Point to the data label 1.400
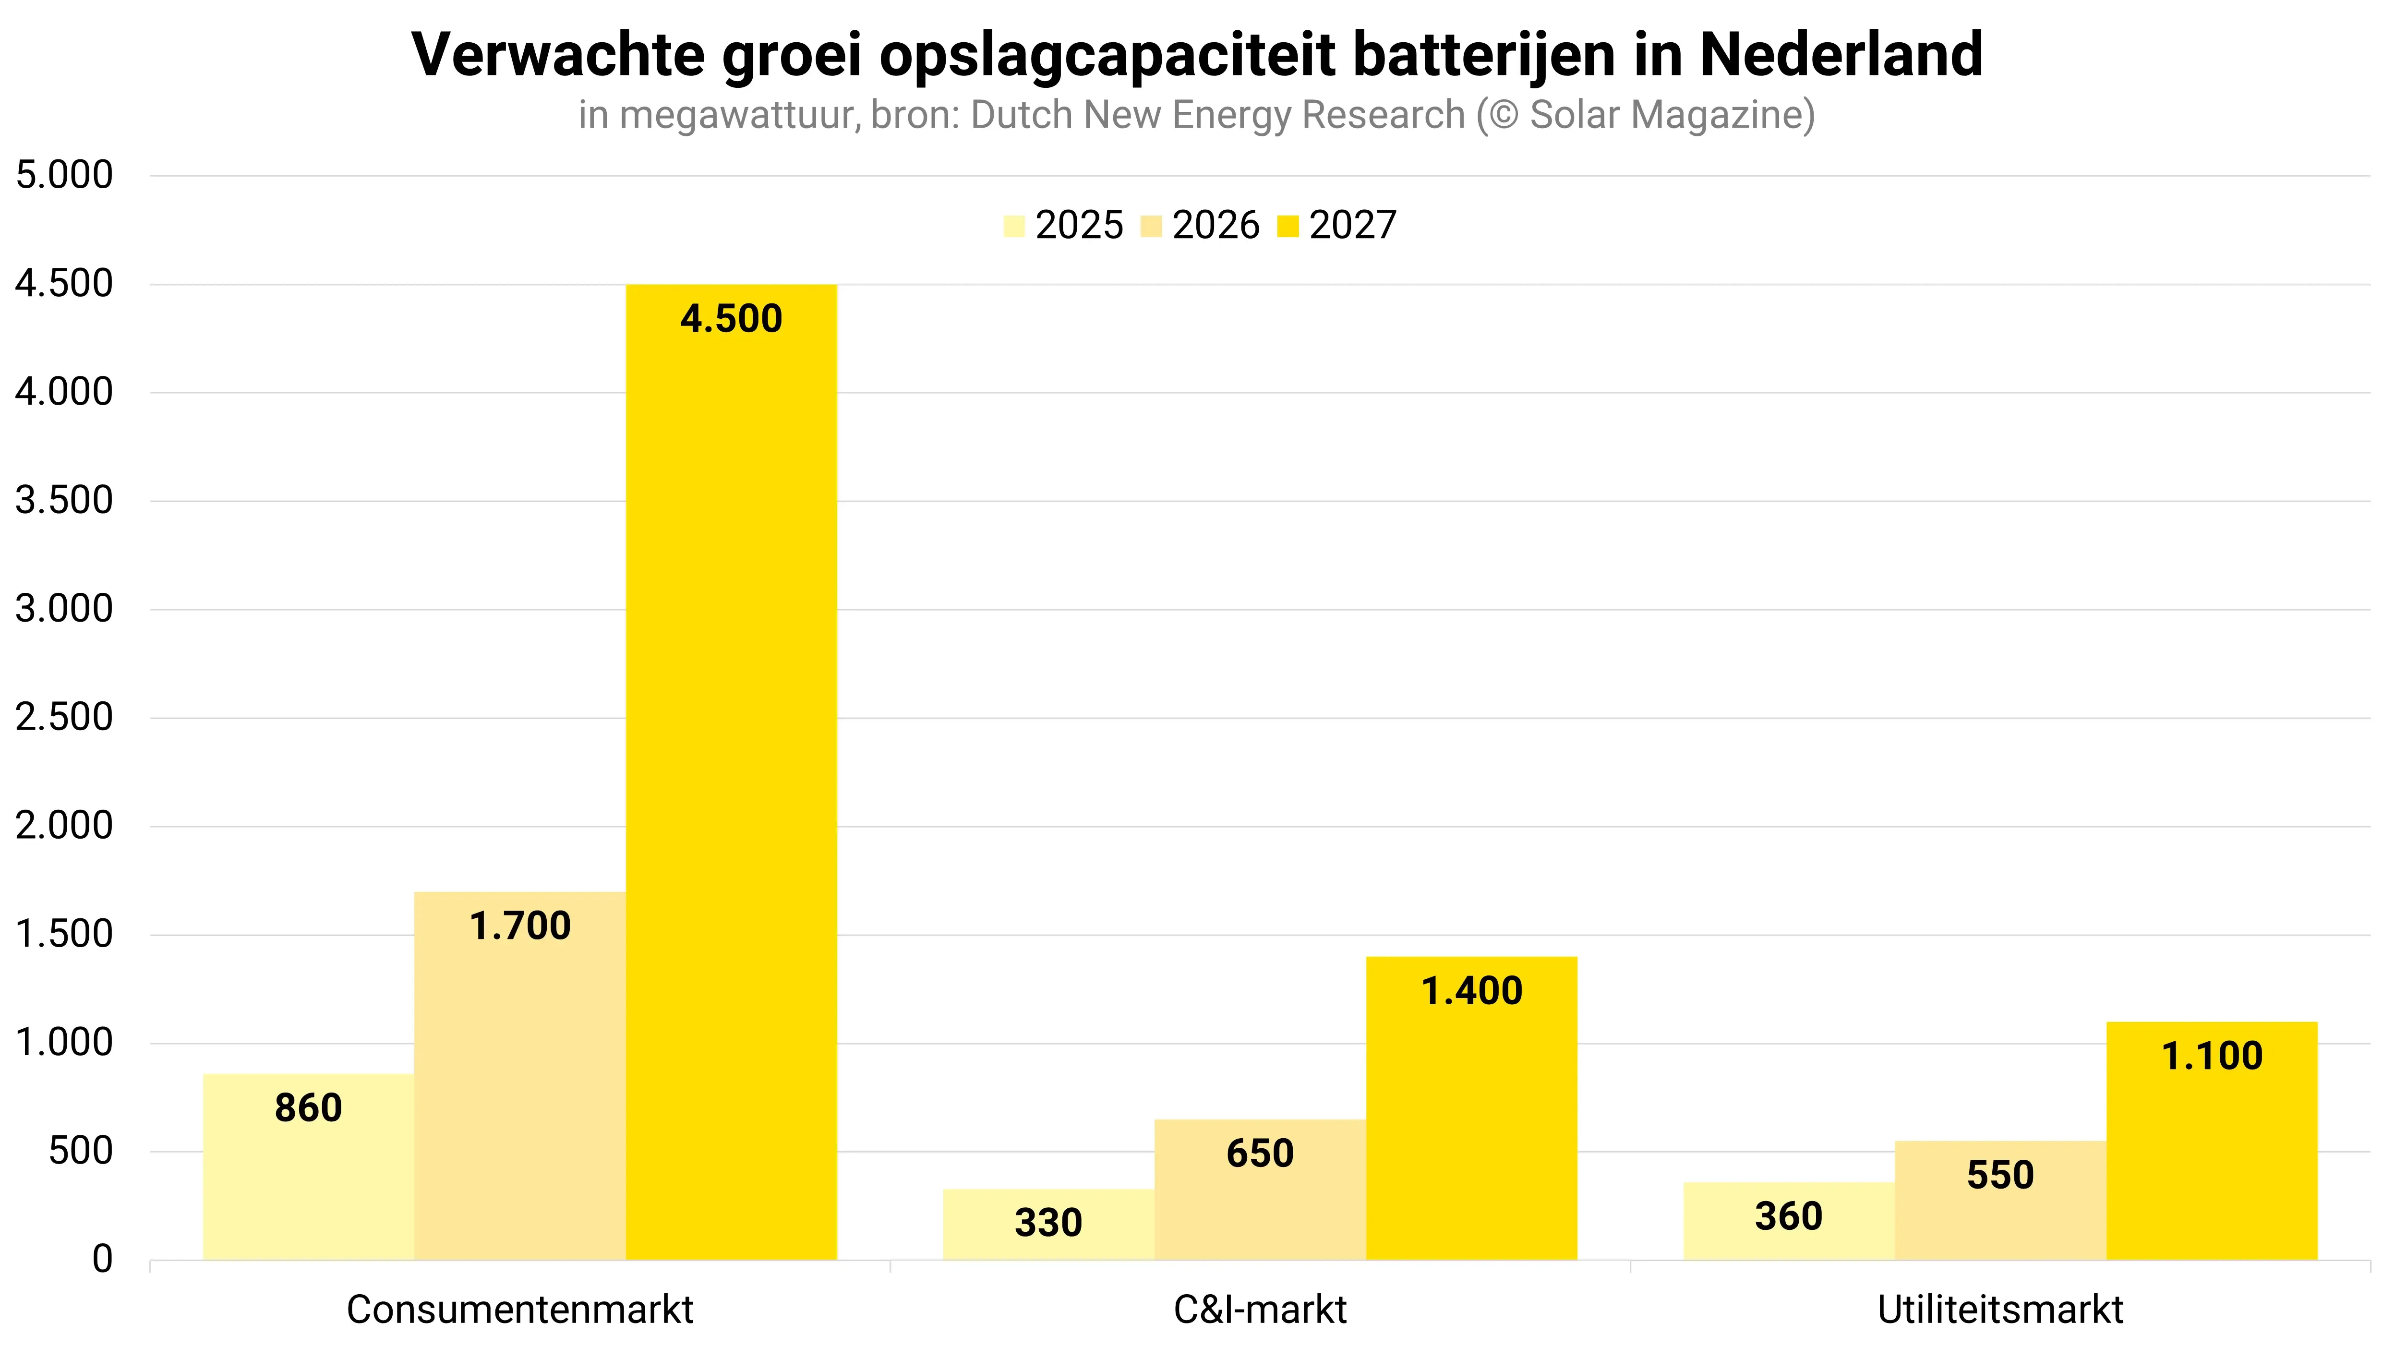(1472, 991)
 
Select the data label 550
(2000, 1175)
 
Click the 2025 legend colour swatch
(1014, 226)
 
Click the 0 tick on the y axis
(102, 1260)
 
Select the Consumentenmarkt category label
(520, 1310)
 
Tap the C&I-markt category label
(1260, 1310)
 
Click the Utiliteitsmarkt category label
(2000, 1310)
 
